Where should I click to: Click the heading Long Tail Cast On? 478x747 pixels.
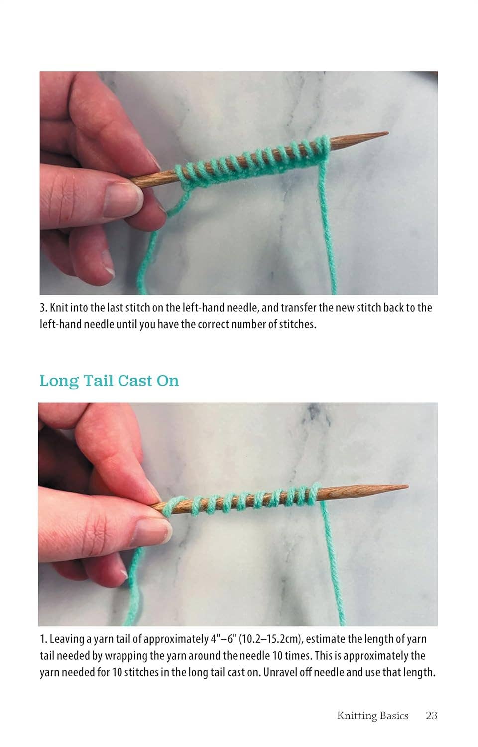tap(109, 381)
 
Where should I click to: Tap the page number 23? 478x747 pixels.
tap(431, 716)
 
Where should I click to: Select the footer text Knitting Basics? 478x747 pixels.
tap(372, 716)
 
